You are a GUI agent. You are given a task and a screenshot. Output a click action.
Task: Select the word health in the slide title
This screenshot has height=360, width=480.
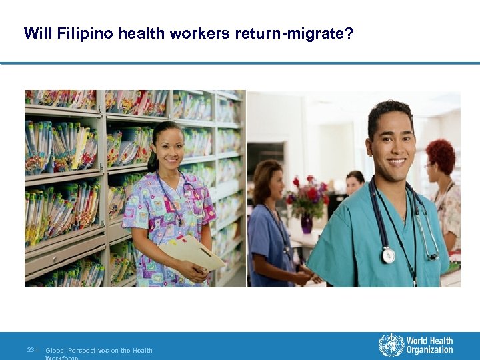tap(141, 33)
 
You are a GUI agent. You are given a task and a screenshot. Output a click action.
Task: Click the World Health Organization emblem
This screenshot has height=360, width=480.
tap(391, 345)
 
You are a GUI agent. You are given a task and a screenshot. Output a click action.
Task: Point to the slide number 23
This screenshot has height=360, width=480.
tap(31, 350)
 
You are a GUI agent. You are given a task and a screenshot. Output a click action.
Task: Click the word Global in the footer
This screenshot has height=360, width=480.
tap(55, 350)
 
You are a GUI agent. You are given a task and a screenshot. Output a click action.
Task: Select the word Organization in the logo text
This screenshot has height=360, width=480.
tap(431, 350)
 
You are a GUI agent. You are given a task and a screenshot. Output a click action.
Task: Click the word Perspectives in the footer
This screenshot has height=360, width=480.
tap(91, 350)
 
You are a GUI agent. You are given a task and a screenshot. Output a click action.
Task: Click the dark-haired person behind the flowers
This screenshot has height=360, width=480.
tap(354, 182)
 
